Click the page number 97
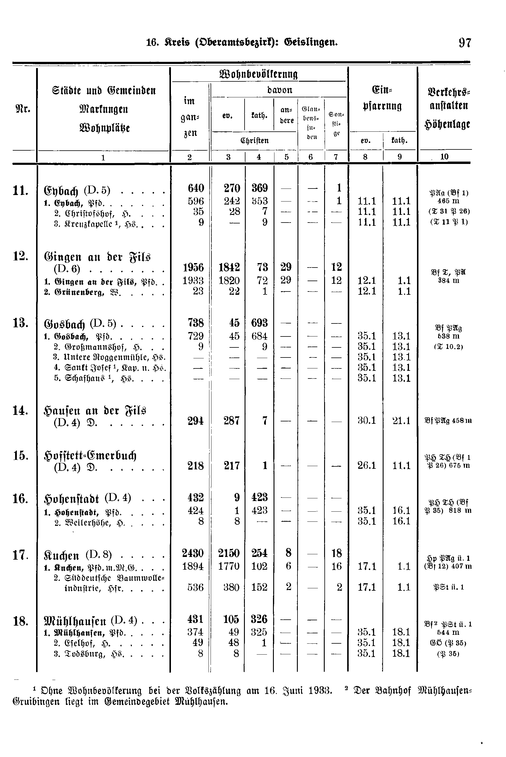pos(465,43)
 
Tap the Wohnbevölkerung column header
pos(258,74)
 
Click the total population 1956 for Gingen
pos(193,268)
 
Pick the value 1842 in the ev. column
pos(229,268)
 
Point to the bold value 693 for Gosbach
pos(259,323)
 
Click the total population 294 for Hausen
pos(195,421)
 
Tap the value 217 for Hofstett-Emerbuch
pos(231,466)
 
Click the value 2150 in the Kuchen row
pos(229,553)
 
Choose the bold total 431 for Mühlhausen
pos(195,619)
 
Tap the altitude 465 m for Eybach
pos(448,201)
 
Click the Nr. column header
pos(22,109)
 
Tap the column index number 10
pos(444,157)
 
